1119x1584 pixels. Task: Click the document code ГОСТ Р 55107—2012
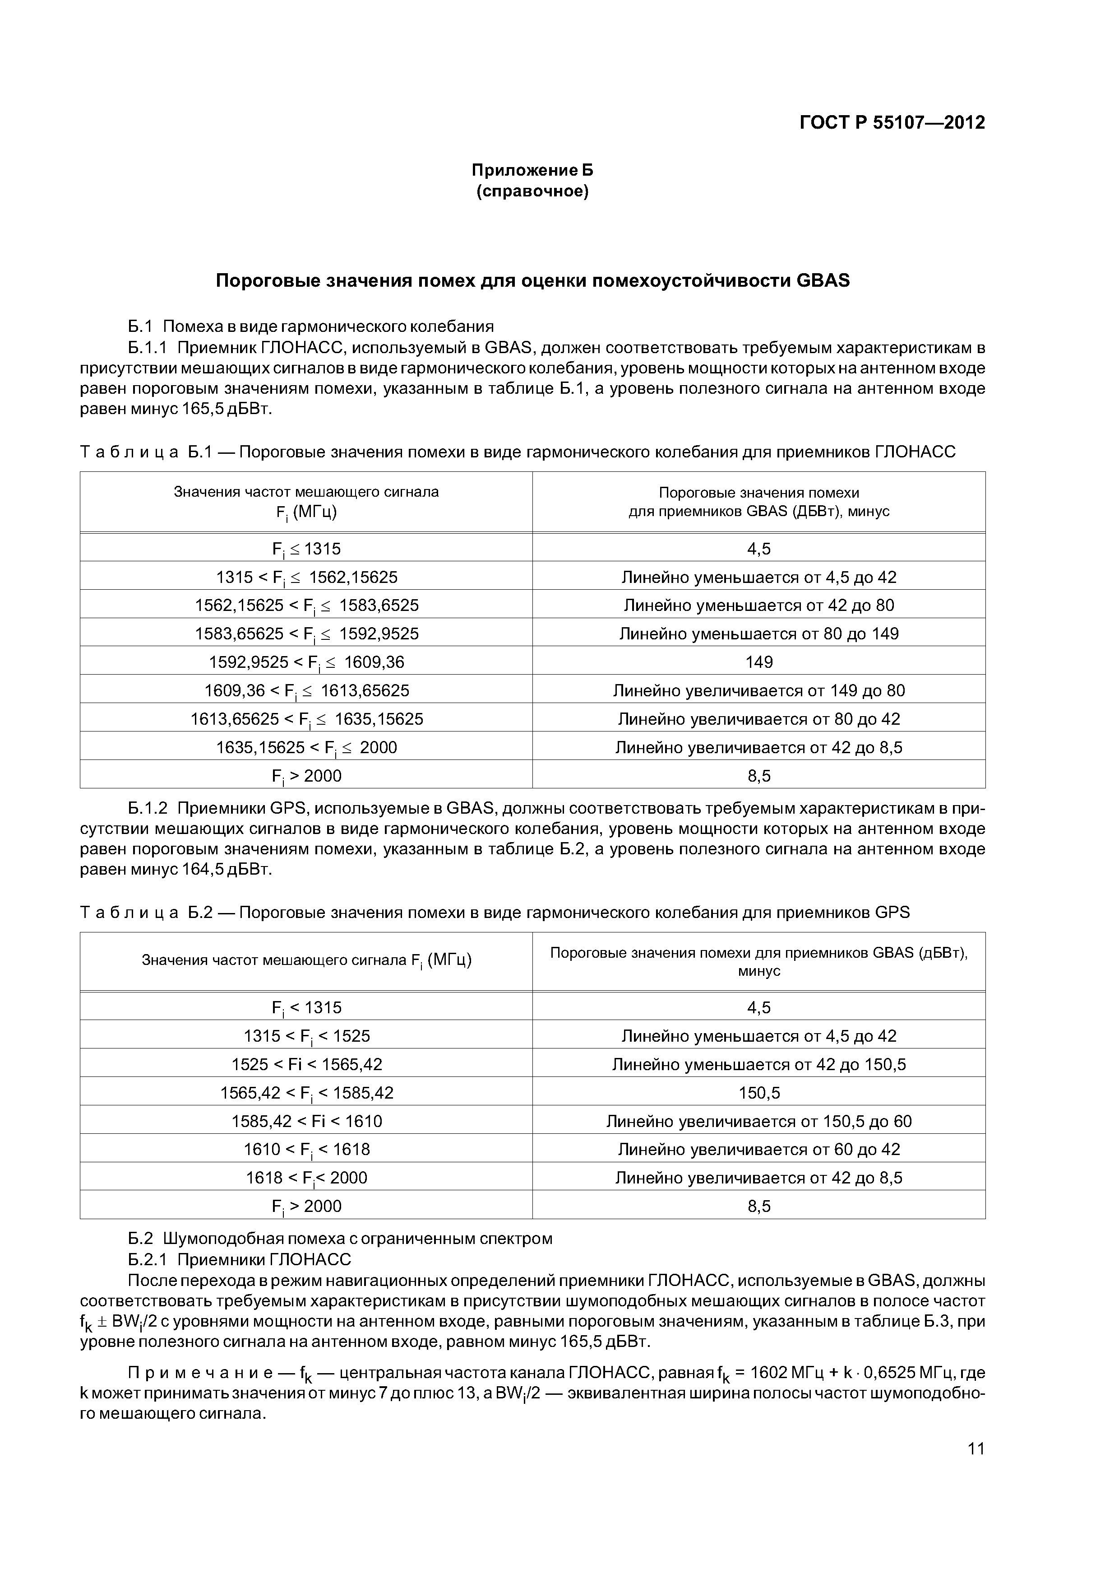(x=892, y=123)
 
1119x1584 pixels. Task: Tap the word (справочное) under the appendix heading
(x=532, y=191)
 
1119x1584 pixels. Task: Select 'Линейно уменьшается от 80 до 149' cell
(x=758, y=634)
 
